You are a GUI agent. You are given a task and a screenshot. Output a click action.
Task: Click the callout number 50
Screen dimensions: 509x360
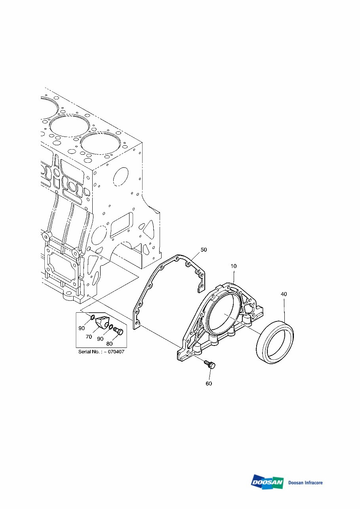coord(204,250)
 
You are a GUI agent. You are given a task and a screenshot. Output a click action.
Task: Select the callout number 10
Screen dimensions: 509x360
coord(234,267)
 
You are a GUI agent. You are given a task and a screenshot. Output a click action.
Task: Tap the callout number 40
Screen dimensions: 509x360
coord(284,294)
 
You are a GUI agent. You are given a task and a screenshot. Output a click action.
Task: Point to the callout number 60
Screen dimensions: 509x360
coord(208,384)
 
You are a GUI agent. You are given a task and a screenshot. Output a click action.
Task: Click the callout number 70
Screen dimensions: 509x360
coord(89,337)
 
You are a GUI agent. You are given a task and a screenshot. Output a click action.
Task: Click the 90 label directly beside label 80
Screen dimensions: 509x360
coord(100,339)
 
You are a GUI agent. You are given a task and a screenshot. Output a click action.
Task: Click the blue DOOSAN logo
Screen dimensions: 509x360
coord(267,482)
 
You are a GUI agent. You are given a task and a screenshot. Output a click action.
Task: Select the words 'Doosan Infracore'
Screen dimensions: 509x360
coord(305,482)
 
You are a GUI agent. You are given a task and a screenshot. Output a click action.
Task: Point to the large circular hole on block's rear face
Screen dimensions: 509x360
coord(121,176)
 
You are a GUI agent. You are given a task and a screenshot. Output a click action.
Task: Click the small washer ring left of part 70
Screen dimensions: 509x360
coord(91,317)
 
